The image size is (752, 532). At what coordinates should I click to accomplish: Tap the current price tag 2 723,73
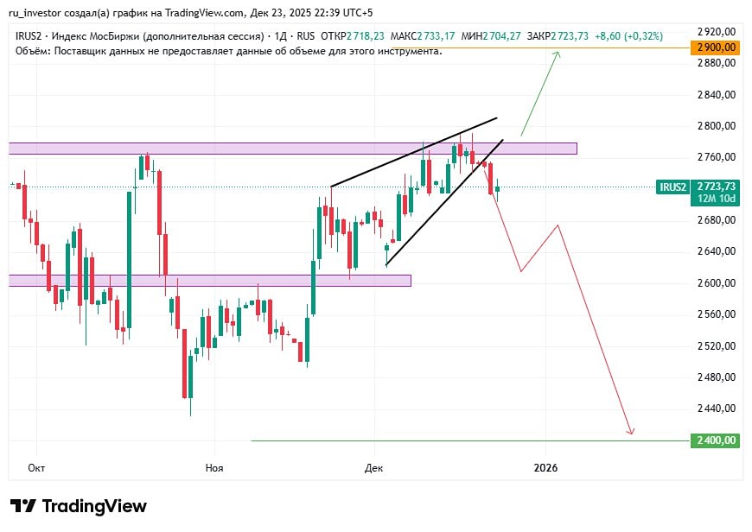click(x=716, y=186)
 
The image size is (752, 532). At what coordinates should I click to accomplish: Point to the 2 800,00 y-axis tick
click(x=716, y=126)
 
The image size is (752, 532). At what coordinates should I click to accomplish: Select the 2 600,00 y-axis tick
click(x=716, y=283)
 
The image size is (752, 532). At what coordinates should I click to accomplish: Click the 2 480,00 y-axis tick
click(x=716, y=377)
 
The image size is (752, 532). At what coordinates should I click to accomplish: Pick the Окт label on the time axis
click(x=36, y=467)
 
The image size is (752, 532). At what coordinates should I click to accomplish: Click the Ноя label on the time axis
click(x=214, y=467)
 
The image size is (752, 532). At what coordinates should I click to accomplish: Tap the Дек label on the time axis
click(x=373, y=467)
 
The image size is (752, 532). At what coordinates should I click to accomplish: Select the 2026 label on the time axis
click(x=545, y=467)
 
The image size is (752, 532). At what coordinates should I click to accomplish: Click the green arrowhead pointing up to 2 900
click(x=557, y=54)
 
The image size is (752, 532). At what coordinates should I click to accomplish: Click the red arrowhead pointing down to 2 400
click(x=632, y=431)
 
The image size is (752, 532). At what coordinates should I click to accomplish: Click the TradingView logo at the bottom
click(x=79, y=506)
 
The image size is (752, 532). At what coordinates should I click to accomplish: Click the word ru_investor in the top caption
click(x=38, y=12)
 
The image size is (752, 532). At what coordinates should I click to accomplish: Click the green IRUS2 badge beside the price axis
click(x=672, y=187)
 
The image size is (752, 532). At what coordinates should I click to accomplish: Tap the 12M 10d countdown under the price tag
click(x=716, y=199)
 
